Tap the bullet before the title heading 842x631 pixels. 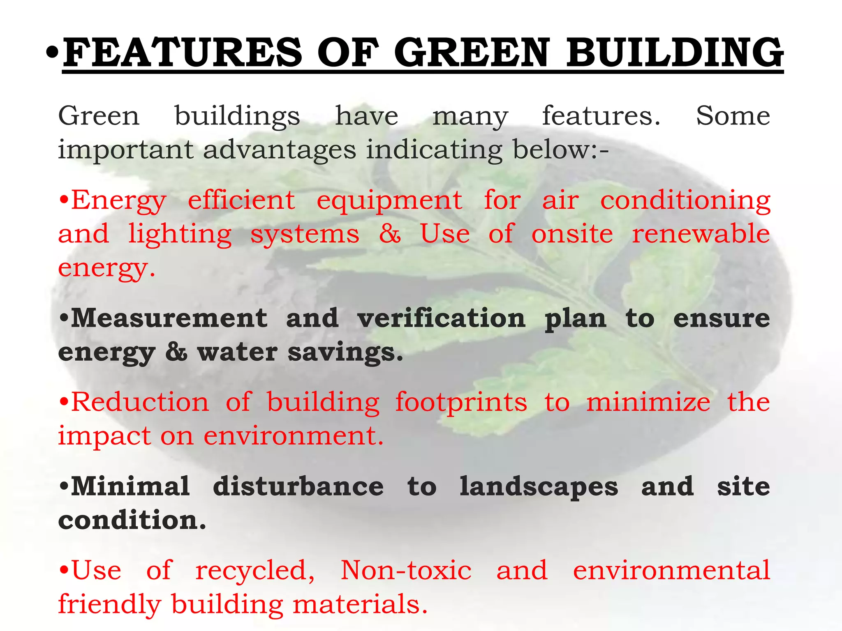click(x=52, y=53)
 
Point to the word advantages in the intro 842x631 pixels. click(x=279, y=150)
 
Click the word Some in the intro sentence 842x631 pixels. click(x=733, y=116)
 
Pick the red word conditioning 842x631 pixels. click(x=685, y=201)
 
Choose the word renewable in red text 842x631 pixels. click(x=701, y=234)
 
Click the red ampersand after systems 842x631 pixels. click(x=390, y=234)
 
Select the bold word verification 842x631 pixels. click(x=441, y=318)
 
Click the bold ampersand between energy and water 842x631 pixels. click(x=176, y=352)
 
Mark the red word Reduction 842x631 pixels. click(x=140, y=402)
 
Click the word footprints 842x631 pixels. click(x=461, y=403)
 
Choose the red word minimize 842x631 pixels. click(x=648, y=402)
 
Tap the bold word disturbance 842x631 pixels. click(x=298, y=487)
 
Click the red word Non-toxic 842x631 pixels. click(x=406, y=571)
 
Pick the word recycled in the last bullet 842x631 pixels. click(x=255, y=571)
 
